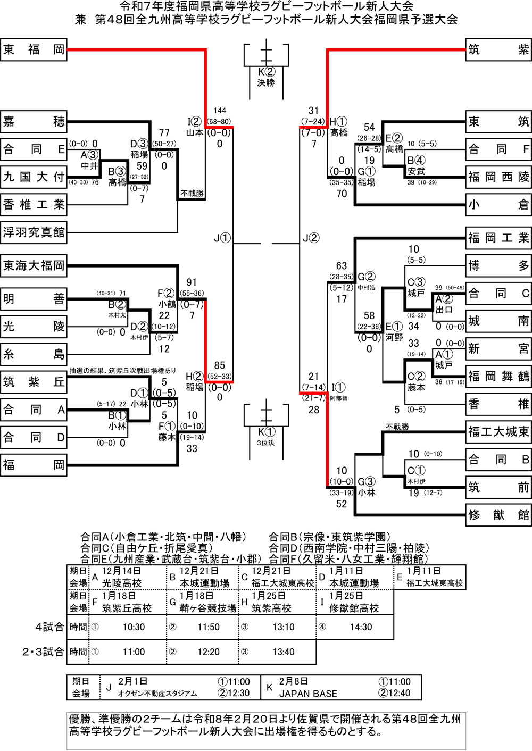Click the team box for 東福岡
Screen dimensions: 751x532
pyautogui.click(x=34, y=49)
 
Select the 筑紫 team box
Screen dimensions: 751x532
pyautogui.click(x=498, y=49)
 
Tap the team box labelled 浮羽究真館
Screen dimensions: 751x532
pyautogui.click(x=34, y=232)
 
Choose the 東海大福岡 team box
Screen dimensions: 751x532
pyautogui.click(x=34, y=265)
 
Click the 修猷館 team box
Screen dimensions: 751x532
pyautogui.click(x=498, y=515)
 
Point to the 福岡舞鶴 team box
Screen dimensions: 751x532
pyautogui.click(x=498, y=377)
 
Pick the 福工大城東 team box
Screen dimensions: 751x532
pyautogui.click(x=498, y=432)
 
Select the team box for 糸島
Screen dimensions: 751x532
pyautogui.click(x=34, y=354)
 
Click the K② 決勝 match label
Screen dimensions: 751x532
pyautogui.click(x=266, y=77)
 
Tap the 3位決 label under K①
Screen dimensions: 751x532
pyautogui.click(x=266, y=443)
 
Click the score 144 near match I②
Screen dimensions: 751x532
pyautogui.click(x=220, y=111)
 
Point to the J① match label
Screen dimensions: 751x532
pyautogui.click(x=222, y=238)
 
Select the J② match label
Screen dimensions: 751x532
pyautogui.click(x=311, y=238)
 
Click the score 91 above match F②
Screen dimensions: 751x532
pyautogui.click(x=192, y=282)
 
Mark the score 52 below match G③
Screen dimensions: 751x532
pyautogui.click(x=342, y=504)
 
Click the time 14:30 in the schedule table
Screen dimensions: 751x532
pyautogui.click(x=361, y=627)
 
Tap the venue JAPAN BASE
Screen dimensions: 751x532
pyautogui.click(x=308, y=694)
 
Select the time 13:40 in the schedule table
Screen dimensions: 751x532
pyautogui.click(x=284, y=652)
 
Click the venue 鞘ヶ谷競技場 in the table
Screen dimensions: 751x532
pyautogui.click(x=208, y=608)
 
